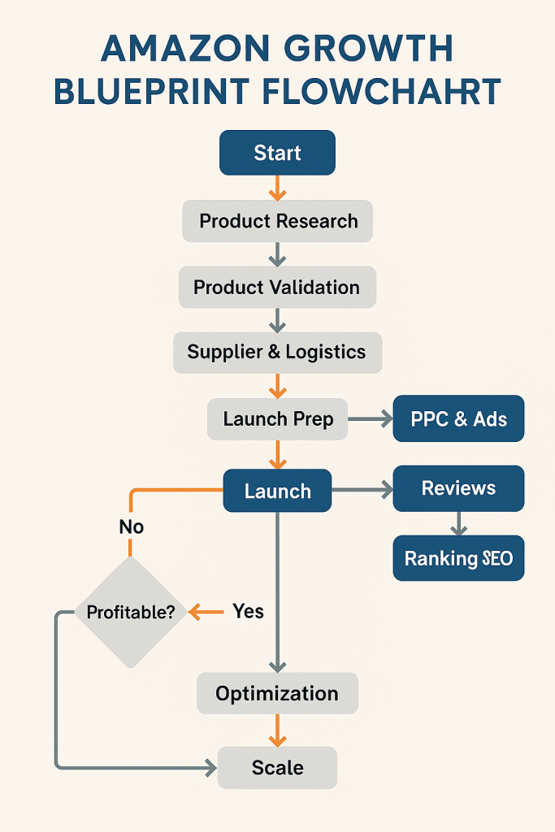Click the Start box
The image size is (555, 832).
277,153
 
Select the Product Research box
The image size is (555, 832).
278,221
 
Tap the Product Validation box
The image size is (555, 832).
277,287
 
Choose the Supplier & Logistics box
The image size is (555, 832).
277,352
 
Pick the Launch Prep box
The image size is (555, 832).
277,419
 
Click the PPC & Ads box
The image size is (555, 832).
458,419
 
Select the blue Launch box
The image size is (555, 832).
277,491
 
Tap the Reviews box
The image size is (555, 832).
458,488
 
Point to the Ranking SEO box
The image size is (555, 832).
458,558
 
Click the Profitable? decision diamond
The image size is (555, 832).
130,612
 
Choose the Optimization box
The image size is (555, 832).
277,693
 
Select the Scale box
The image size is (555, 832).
277,768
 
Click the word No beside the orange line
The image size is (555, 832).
131,526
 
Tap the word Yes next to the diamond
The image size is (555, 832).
248,611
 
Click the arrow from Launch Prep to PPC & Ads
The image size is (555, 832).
370,419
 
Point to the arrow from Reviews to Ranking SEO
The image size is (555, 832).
458,523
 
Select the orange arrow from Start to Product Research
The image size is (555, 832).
277,188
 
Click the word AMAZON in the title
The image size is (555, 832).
184,50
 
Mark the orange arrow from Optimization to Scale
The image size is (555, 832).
277,730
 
